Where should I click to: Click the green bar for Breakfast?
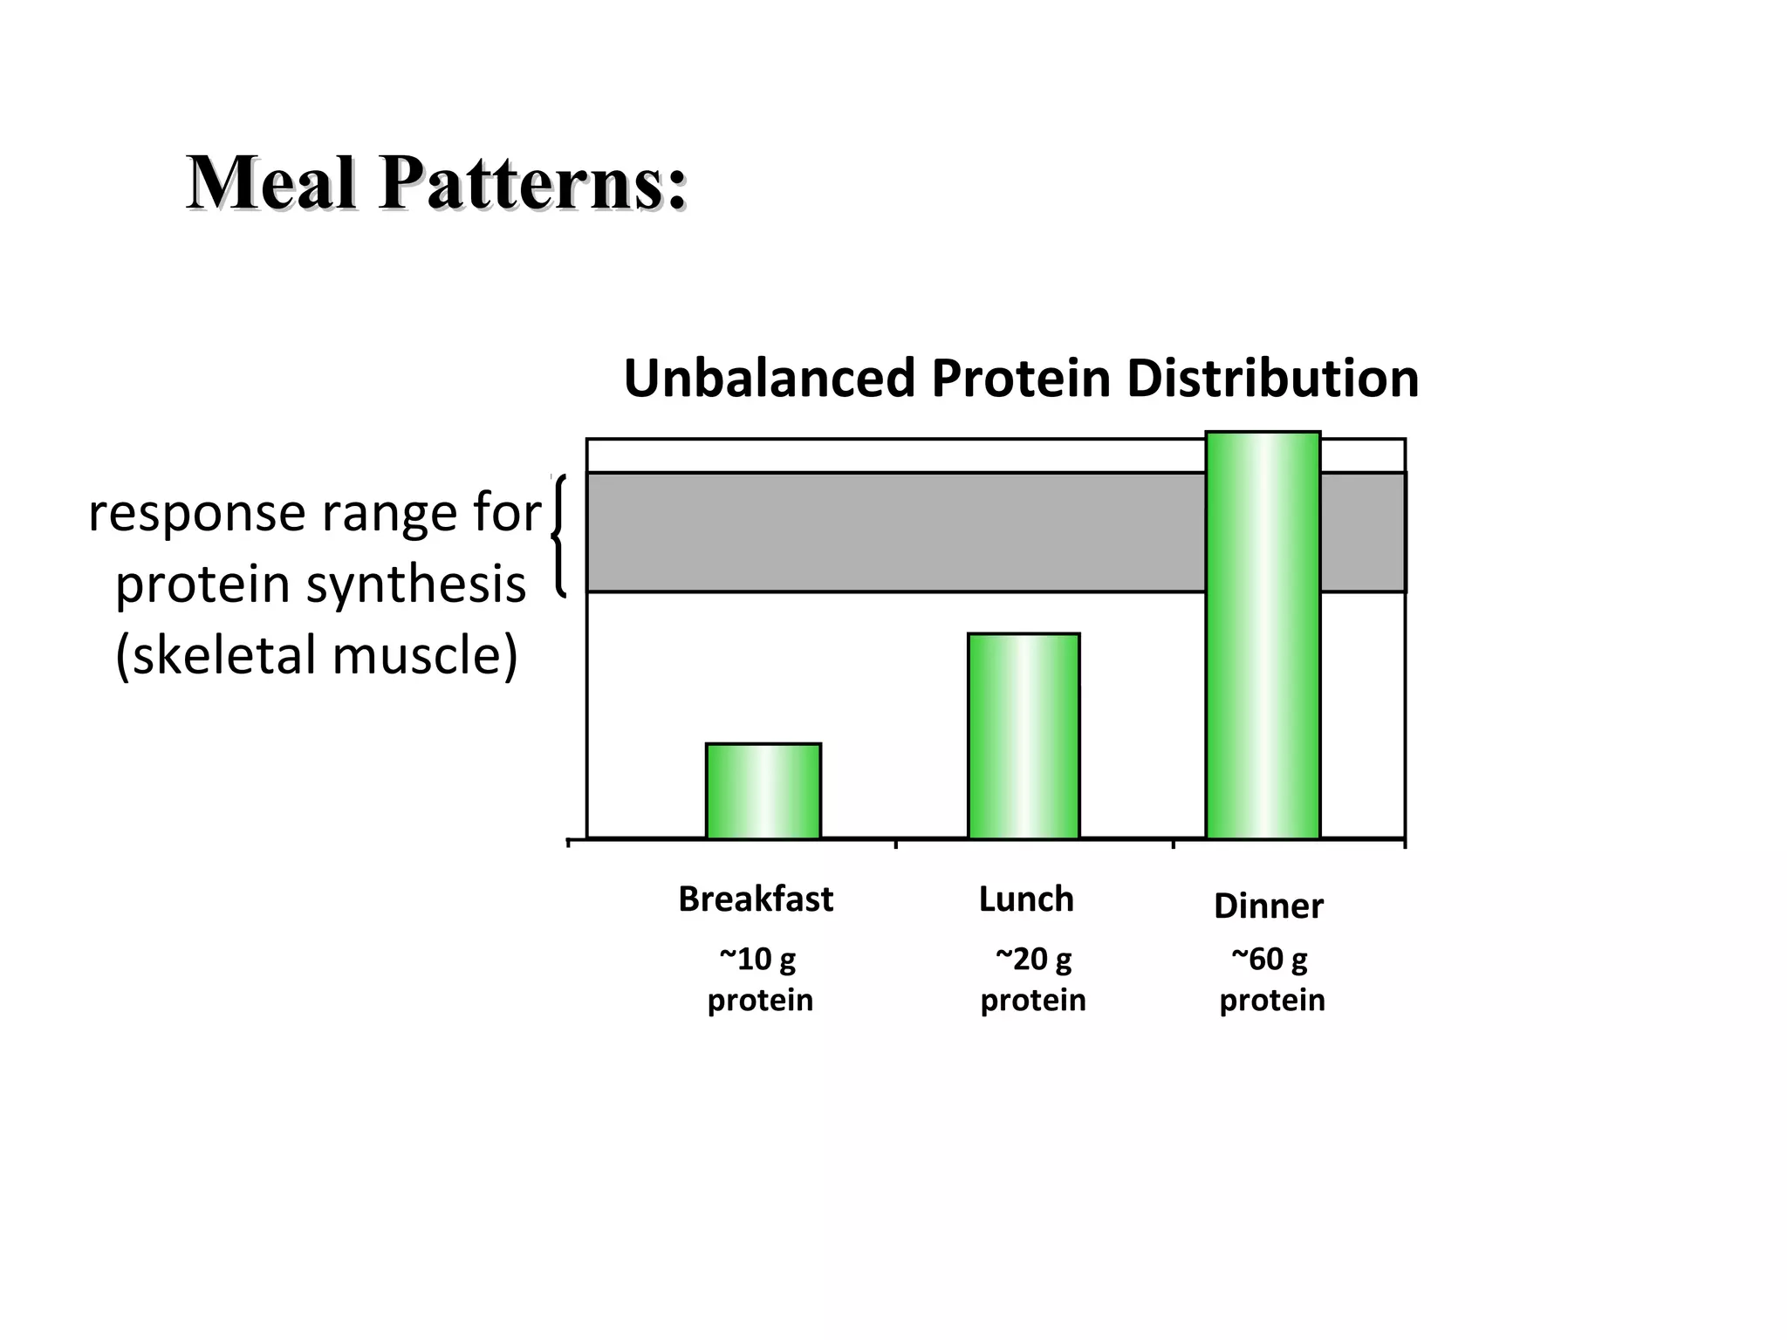(763, 790)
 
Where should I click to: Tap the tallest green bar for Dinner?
(1263, 635)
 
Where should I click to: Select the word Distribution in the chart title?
(1271, 379)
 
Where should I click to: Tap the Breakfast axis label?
(755, 899)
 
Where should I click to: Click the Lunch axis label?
(1025, 899)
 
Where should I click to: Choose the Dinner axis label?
(1268, 906)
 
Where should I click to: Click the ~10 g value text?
(757, 959)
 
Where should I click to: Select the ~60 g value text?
(1269, 959)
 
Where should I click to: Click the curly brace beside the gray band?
(558, 535)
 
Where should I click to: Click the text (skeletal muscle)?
(317, 654)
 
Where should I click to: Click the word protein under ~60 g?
(1271, 1000)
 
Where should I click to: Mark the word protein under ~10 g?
(759, 1000)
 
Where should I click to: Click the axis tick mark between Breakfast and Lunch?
(896, 844)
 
